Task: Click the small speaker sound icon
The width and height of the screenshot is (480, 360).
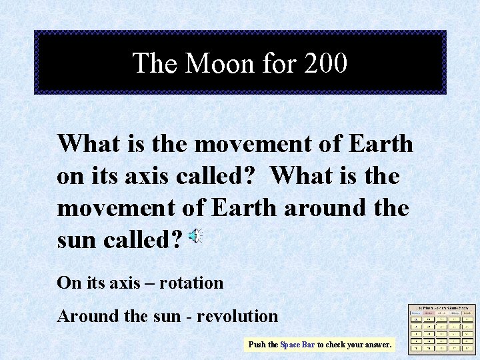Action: pyautogui.click(x=195, y=236)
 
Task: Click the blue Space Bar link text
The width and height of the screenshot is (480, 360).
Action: pyautogui.click(x=297, y=345)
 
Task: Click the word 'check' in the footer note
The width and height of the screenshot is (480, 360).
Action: pyautogui.click(x=335, y=345)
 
